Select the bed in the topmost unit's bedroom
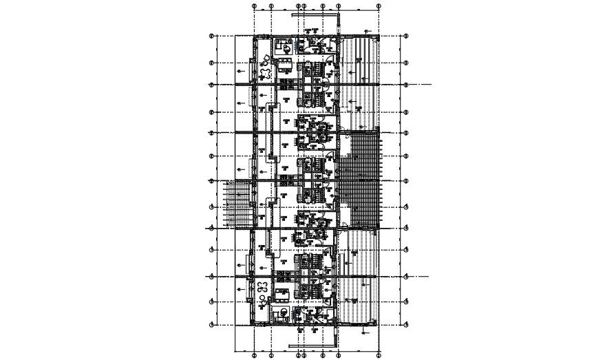(x=282, y=47)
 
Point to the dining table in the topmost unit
(x=284, y=66)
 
